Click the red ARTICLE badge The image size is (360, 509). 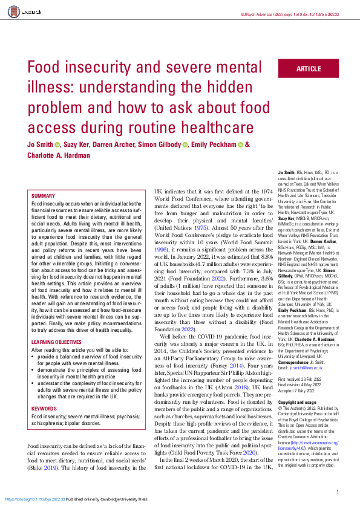click(x=309, y=70)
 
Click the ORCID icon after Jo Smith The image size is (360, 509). click(x=58, y=145)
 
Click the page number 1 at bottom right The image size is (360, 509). click(x=337, y=493)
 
